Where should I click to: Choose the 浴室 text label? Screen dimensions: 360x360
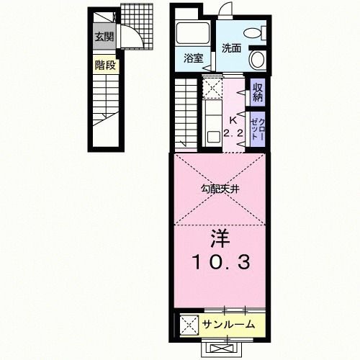coord(192,58)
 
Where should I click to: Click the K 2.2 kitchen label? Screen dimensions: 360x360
coord(232,127)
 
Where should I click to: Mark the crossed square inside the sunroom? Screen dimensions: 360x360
coord(189,324)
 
